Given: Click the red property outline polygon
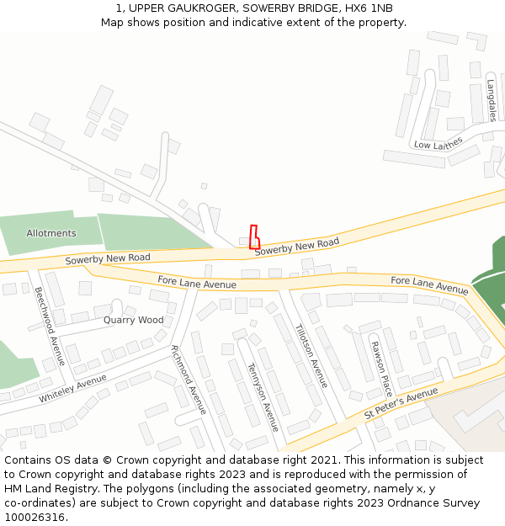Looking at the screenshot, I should tap(254, 237).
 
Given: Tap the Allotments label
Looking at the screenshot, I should tap(51, 233).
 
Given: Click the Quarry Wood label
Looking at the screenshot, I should tap(134, 320).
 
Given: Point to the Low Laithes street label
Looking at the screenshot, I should tap(438, 144).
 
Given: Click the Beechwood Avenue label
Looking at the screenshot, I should tap(50, 326).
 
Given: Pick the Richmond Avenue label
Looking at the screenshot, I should tap(189, 380).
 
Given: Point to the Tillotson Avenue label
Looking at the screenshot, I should tap(311, 355).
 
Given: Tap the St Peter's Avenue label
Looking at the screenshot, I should tap(401, 405).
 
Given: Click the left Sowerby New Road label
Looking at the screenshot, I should tap(108, 258).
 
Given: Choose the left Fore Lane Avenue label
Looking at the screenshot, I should tap(197, 283).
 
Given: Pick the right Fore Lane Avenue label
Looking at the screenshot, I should tap(429, 284).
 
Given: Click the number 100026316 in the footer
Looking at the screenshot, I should tap(35, 517).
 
